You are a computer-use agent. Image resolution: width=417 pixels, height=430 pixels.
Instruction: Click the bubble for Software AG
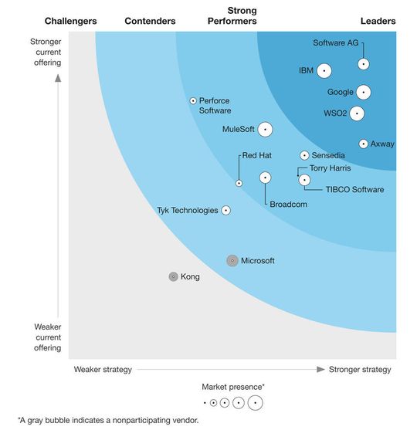363,64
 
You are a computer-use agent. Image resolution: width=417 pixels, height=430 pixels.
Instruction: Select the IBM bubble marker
324,71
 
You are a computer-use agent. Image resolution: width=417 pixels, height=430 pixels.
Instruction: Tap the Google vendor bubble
364,93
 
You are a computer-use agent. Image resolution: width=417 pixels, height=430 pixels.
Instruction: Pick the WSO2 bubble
356,113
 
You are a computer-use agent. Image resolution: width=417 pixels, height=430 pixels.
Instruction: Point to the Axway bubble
363,144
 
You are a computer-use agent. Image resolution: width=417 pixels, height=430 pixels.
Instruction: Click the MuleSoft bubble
266,130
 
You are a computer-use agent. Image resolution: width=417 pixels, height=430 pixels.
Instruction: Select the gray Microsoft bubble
232,261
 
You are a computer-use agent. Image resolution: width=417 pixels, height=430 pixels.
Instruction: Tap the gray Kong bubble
173,276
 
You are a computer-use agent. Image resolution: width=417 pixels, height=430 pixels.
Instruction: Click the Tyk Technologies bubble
225,210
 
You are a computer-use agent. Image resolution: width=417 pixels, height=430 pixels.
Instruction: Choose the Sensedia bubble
304,155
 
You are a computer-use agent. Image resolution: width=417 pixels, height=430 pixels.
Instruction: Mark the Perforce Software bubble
193,100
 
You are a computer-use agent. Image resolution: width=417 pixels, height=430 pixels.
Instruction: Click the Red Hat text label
256,155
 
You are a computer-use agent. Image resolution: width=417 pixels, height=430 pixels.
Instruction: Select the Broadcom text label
288,204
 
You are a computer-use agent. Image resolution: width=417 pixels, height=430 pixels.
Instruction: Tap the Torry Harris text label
330,168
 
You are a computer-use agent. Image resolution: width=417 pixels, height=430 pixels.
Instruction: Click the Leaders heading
378,21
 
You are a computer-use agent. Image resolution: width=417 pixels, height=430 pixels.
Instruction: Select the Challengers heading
70,21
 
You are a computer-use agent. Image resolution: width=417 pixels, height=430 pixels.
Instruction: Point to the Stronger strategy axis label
360,370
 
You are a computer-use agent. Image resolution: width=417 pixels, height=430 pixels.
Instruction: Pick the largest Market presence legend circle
254,402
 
